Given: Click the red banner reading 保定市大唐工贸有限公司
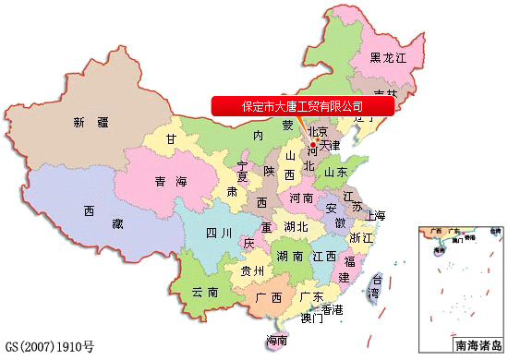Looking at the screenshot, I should [302, 105].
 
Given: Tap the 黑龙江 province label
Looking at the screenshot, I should [388, 57].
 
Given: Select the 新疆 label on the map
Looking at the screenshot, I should [90, 122].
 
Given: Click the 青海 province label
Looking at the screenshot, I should [172, 181].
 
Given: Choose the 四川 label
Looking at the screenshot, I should [219, 233].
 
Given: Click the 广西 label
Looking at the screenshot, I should [268, 297].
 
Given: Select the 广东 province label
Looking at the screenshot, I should [312, 297].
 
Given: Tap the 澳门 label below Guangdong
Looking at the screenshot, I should [311, 319].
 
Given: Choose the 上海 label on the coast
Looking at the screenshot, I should [375, 215].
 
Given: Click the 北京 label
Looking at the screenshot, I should [318, 130].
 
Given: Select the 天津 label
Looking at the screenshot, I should [330, 145].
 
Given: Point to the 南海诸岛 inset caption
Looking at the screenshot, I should [476, 346].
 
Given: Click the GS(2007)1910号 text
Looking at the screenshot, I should [49, 348].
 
